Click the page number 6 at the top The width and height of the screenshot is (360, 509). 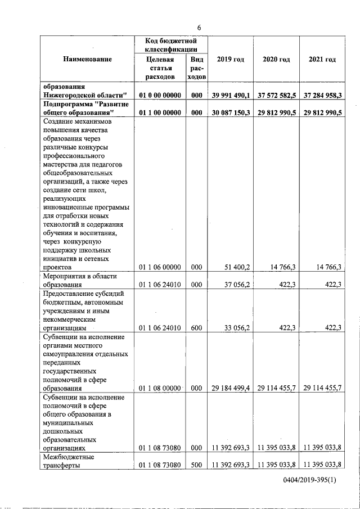(199, 28)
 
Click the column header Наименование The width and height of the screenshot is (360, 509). (87, 59)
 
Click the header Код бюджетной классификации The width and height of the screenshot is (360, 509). (170, 45)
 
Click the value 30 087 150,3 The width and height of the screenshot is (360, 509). (231, 112)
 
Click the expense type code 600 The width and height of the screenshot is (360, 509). (197, 327)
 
